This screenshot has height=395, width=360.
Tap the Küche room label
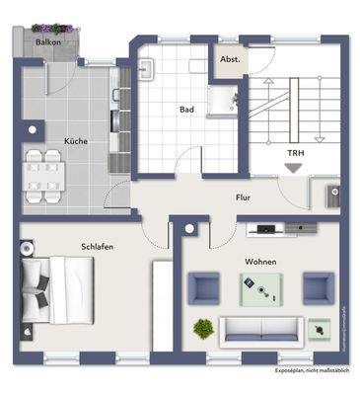(x=75, y=141)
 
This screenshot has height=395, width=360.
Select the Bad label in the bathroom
(x=184, y=110)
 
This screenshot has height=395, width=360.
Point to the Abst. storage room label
(x=230, y=59)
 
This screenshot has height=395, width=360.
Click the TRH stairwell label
(x=295, y=153)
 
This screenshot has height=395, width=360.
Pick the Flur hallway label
(x=243, y=197)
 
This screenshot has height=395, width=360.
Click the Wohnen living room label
(x=260, y=262)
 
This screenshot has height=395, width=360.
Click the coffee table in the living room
(x=260, y=288)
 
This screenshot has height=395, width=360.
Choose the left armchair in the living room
(x=204, y=288)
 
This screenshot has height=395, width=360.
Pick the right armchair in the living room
(x=318, y=288)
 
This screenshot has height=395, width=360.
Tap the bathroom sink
(x=145, y=70)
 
